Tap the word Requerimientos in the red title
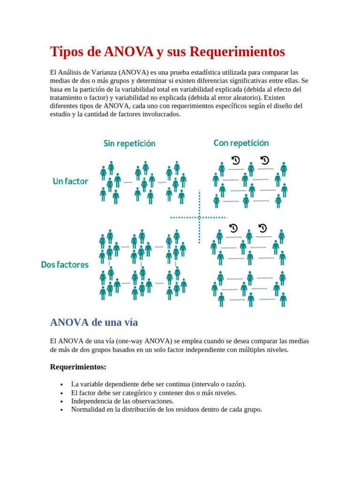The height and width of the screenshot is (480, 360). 237,52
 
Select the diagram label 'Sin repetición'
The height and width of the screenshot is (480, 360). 129,143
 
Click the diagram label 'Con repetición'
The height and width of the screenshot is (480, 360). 241,142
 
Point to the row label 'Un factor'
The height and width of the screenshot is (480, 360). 70,181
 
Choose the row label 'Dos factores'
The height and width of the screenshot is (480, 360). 65,264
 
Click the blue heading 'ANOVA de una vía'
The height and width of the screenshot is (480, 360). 94,322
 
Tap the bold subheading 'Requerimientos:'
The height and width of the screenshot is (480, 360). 78,367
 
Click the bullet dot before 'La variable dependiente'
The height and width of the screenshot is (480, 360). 62,384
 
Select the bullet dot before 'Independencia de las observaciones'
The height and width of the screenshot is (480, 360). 62,401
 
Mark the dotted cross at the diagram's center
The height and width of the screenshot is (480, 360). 199,217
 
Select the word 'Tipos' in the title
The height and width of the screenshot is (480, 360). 66,52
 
